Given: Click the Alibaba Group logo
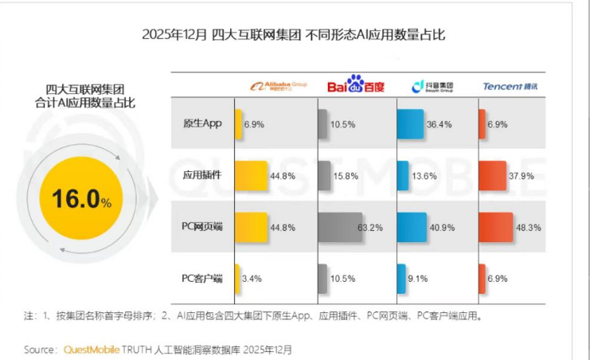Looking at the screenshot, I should [279, 85].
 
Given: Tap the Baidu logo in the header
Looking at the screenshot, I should [356, 84].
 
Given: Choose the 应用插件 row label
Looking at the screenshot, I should [201, 175].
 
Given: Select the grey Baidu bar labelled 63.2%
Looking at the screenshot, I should [340, 227].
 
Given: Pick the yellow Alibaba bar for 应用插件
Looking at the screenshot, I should [251, 175].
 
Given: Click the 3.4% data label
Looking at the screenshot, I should [252, 279].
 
